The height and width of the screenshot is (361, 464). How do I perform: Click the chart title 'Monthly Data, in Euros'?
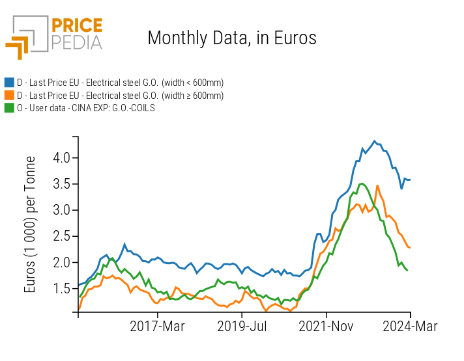[232, 38]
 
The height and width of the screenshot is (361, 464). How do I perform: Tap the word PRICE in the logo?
[76, 26]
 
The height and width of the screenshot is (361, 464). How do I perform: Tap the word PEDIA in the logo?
[76, 43]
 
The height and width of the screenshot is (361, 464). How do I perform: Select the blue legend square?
[9, 83]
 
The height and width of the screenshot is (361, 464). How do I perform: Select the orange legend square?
[9, 96]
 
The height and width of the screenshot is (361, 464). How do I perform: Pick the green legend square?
[9, 108]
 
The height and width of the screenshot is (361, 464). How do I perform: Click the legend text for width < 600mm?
[120, 83]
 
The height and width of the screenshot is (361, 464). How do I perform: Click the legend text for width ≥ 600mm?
[120, 96]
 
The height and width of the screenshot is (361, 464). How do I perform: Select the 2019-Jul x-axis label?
[242, 327]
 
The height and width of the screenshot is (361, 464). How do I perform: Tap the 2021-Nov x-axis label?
[326, 327]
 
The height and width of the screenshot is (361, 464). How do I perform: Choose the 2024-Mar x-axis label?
[410, 327]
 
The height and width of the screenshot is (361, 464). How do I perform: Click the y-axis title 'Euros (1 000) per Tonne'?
[31, 224]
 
